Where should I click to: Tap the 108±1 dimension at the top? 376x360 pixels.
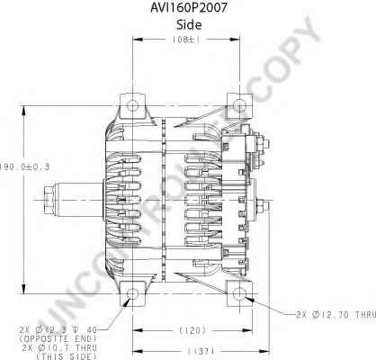185,40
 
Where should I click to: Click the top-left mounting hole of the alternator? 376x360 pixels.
134,107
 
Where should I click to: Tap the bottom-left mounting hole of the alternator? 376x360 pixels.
134,296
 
